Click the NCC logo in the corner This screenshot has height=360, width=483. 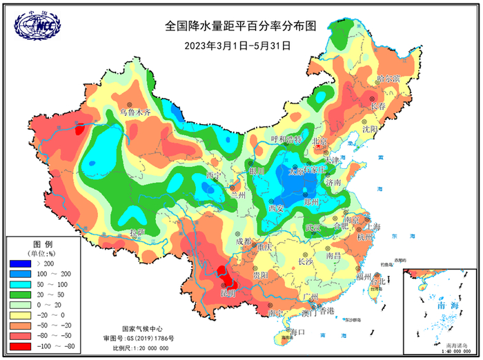37,26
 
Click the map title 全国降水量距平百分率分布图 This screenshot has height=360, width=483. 240,26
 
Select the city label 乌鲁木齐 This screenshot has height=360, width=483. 135,110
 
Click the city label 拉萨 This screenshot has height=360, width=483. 137,232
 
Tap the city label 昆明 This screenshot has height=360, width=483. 228,293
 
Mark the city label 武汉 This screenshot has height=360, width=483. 314,228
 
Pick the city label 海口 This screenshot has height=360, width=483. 297,332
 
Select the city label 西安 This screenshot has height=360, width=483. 277,208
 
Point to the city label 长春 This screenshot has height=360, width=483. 377,107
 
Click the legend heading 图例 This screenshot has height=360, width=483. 43,246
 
